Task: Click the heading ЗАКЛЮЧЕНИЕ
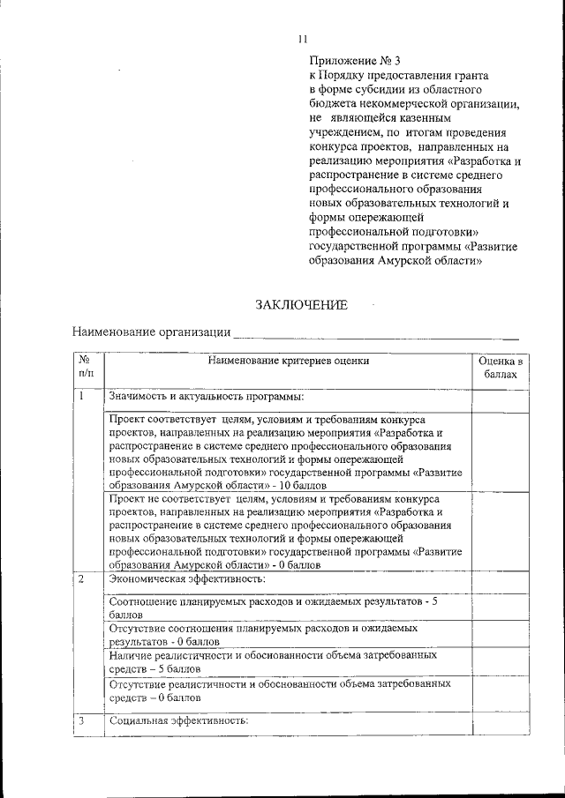coord(302,305)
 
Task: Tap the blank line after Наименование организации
coord(375,334)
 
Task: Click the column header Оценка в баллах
coord(501,368)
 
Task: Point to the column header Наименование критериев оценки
coord(289,361)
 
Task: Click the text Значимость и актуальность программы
coord(206,398)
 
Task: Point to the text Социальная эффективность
coord(179,721)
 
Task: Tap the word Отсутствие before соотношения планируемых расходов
coord(139,629)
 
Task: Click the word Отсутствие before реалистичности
coord(139,683)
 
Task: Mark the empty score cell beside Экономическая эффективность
coord(501,579)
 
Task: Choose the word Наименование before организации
coord(114,333)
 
